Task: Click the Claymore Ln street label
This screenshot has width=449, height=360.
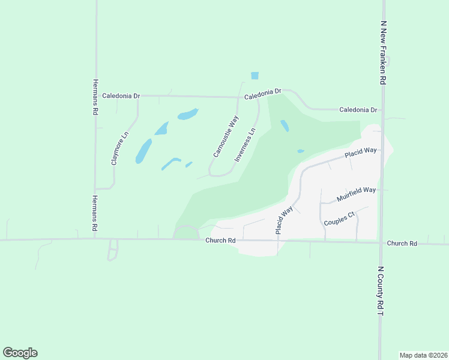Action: pyautogui.click(x=120, y=148)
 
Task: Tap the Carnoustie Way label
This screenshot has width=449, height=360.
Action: pyautogui.click(x=226, y=137)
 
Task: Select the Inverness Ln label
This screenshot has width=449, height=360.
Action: pyautogui.click(x=246, y=145)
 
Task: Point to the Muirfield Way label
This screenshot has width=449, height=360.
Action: pyautogui.click(x=356, y=193)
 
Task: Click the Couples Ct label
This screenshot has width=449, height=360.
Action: pyautogui.click(x=339, y=218)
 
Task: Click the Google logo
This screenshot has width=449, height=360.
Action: pyautogui.click(x=20, y=353)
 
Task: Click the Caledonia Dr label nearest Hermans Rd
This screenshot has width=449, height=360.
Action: pyautogui.click(x=121, y=95)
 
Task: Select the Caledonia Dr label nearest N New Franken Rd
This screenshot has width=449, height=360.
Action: pyautogui.click(x=358, y=110)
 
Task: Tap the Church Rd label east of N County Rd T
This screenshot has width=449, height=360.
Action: pyautogui.click(x=402, y=244)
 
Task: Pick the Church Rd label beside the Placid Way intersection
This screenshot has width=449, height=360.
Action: pyautogui.click(x=220, y=241)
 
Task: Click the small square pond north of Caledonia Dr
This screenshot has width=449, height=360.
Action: pyautogui.click(x=255, y=76)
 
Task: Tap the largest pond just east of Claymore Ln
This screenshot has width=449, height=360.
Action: pyautogui.click(x=143, y=151)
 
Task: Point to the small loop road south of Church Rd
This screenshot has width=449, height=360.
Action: pyautogui.click(x=113, y=250)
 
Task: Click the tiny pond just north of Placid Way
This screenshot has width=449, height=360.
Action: pyautogui.click(x=301, y=151)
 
